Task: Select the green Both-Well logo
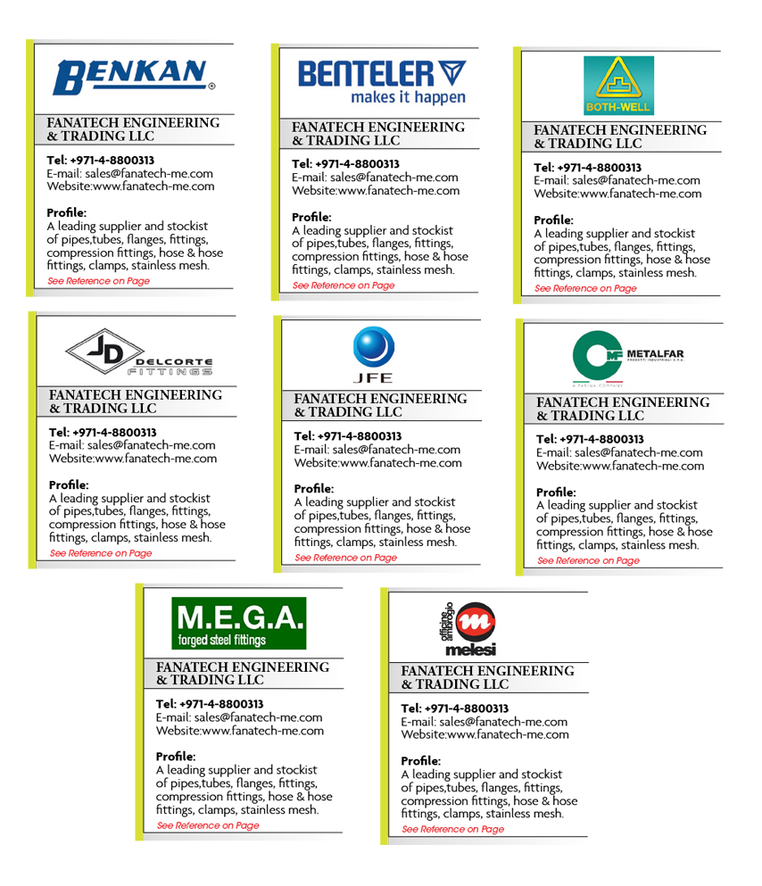(618, 86)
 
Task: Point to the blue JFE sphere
(373, 347)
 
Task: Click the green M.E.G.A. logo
(239, 622)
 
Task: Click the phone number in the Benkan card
(100, 161)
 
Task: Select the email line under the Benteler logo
(375, 178)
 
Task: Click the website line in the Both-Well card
(617, 194)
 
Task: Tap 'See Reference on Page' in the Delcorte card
(101, 553)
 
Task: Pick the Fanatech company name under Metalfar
(623, 410)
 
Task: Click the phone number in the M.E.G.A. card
(210, 704)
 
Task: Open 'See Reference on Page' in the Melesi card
(453, 830)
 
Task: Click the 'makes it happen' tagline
(408, 97)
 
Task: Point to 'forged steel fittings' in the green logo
(222, 640)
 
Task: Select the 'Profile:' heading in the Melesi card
(420, 761)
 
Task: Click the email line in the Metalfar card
(619, 452)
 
